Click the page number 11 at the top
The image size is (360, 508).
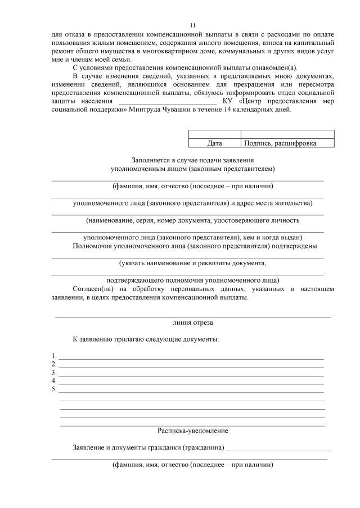[x=193, y=25]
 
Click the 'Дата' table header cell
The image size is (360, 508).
[x=214, y=143]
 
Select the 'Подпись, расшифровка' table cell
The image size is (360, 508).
[x=287, y=143]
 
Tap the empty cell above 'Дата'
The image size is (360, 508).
[x=214, y=134]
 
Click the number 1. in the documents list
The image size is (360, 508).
[x=53, y=356]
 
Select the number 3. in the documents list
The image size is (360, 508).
[x=53, y=372]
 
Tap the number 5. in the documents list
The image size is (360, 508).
[x=53, y=388]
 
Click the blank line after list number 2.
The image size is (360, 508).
[x=191, y=365]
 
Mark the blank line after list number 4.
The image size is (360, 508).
[x=191, y=382]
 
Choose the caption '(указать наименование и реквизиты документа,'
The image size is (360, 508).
[x=193, y=262]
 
